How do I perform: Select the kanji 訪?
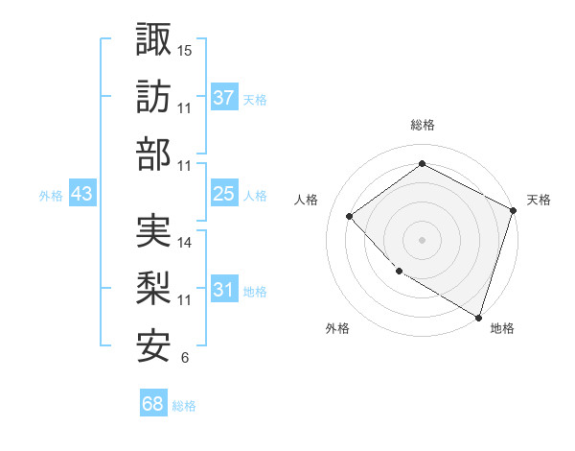click(x=153, y=97)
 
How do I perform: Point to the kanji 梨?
click(x=153, y=290)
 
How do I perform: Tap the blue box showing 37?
click(x=224, y=97)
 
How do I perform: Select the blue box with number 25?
click(x=224, y=194)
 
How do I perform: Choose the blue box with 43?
click(x=82, y=194)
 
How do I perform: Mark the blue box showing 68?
click(x=153, y=405)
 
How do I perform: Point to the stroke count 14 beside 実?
click(x=185, y=243)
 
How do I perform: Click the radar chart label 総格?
click(x=422, y=125)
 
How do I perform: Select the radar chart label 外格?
click(x=337, y=328)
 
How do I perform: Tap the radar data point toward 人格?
click(x=350, y=216)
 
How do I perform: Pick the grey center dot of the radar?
click(x=422, y=239)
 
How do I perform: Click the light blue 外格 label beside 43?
click(x=51, y=195)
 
